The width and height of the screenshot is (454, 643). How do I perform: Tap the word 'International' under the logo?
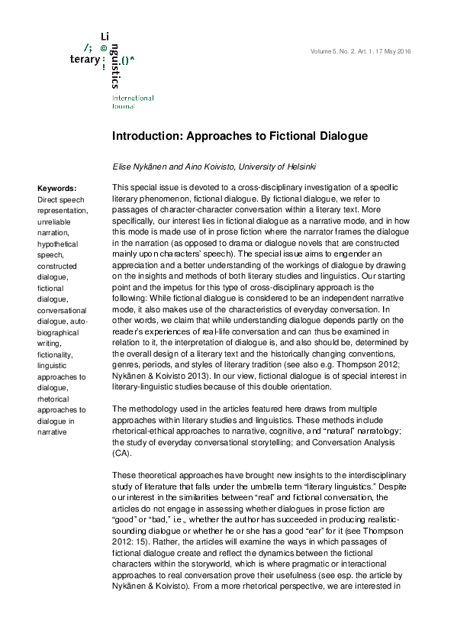click(133, 98)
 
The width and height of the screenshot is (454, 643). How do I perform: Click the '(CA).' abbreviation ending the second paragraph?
click(123, 452)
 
